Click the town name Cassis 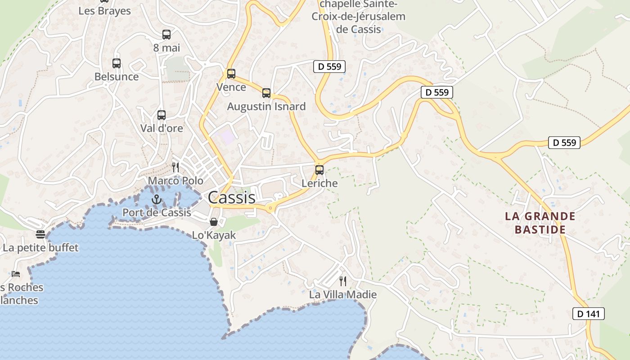(231, 198)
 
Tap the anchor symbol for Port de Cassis (156, 199)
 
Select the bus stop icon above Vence (231, 74)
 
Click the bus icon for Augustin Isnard (266, 93)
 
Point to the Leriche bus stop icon (319, 170)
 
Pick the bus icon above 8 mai (166, 35)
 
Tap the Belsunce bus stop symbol (117, 63)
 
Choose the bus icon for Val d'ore (162, 115)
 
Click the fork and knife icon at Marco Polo (175, 167)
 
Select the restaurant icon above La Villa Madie (343, 281)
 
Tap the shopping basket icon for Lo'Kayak (214, 222)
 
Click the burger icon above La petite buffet (40, 234)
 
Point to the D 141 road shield (588, 314)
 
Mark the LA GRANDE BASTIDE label (540, 223)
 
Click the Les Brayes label (104, 11)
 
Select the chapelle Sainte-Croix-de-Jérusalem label (359, 17)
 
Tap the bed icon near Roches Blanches (16, 274)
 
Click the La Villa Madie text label (343, 295)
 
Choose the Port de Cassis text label (157, 212)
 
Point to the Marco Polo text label (175, 181)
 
